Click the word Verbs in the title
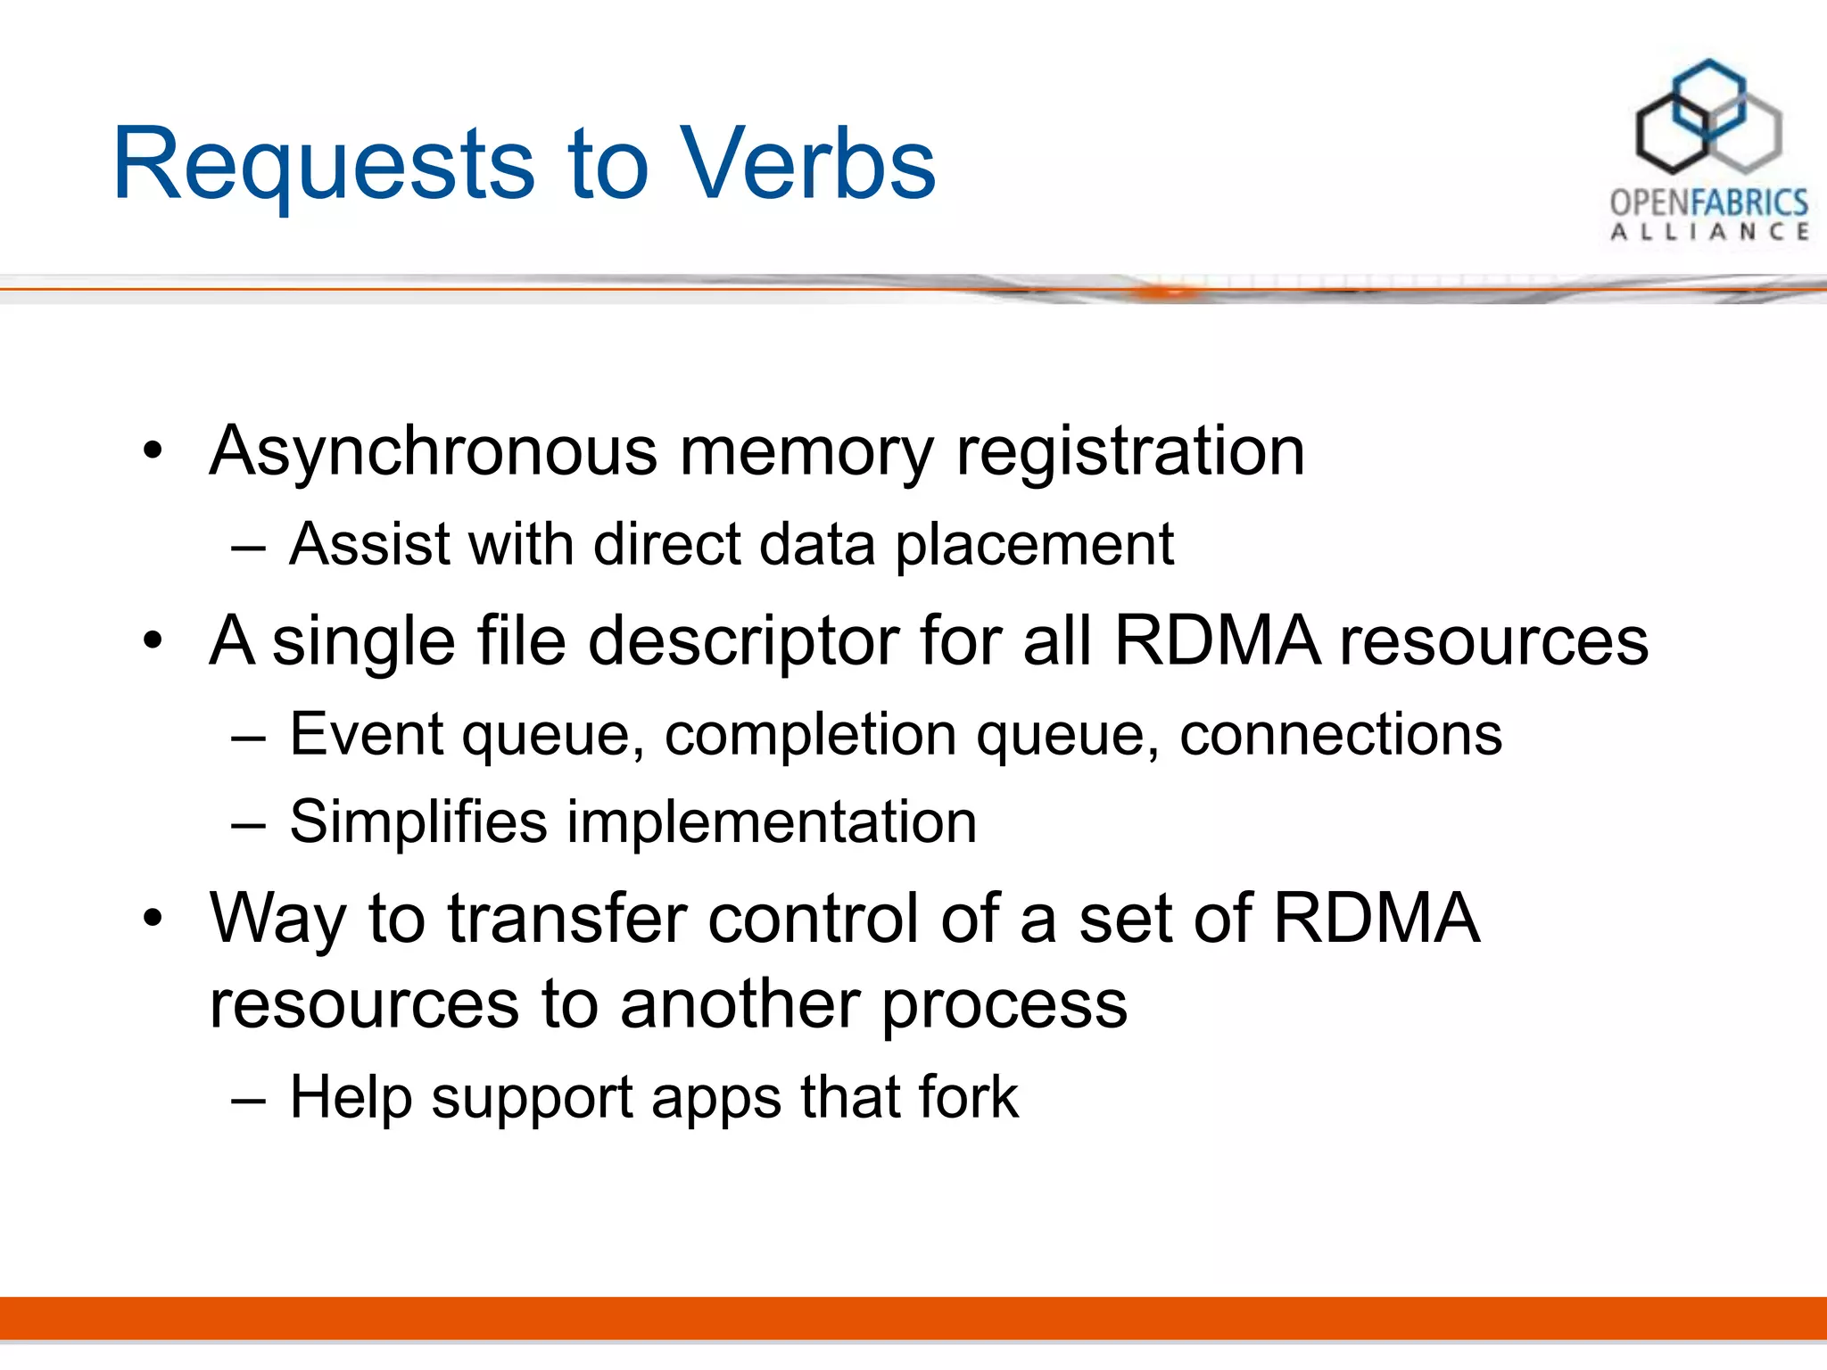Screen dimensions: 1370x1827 pyautogui.click(x=807, y=164)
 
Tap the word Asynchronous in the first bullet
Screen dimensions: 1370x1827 pyautogui.click(x=434, y=451)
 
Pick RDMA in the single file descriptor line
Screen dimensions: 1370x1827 pyautogui.click(x=1217, y=640)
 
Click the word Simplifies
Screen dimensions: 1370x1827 pyautogui.click(x=418, y=821)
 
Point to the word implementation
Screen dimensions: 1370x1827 pyautogui.click(x=772, y=821)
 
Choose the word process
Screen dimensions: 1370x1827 pyautogui.click(x=1004, y=1005)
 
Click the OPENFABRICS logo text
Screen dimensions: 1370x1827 pyautogui.click(x=1708, y=202)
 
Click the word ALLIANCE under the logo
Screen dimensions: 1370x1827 pyautogui.click(x=1708, y=233)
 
